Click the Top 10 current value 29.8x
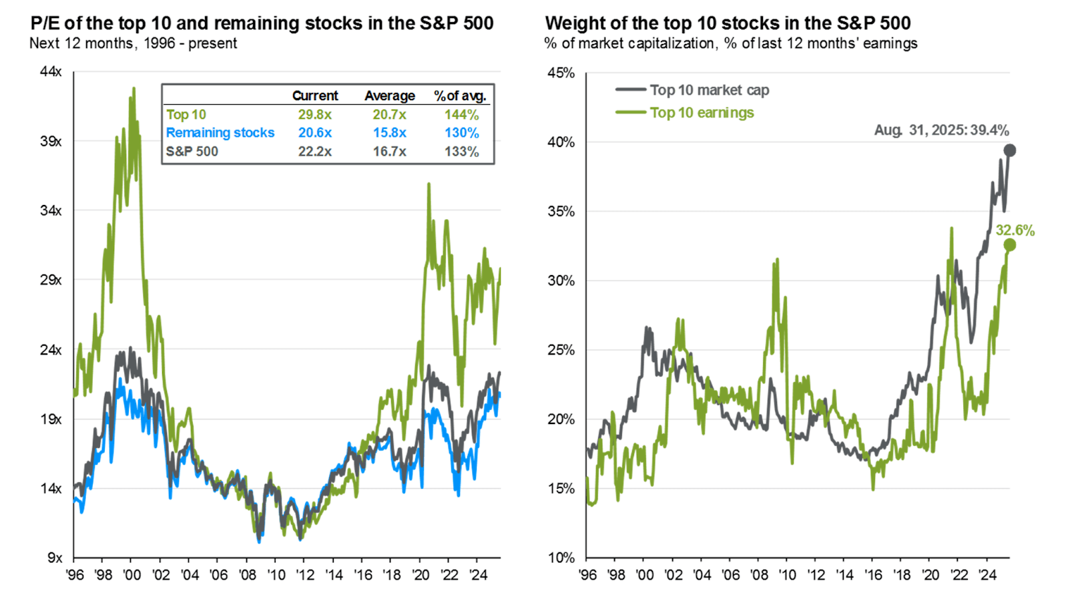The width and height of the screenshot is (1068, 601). click(x=314, y=115)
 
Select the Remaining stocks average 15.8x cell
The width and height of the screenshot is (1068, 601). click(x=389, y=133)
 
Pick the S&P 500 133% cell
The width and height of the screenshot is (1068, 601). click(x=461, y=152)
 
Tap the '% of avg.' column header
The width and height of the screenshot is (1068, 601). click(x=460, y=96)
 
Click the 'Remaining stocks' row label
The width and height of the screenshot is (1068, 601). click(x=220, y=133)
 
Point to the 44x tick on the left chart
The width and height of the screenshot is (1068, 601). click(x=51, y=71)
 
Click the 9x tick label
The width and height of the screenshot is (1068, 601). click(x=55, y=558)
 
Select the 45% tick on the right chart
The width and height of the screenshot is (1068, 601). click(x=561, y=73)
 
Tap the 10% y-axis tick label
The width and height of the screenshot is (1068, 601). click(x=561, y=558)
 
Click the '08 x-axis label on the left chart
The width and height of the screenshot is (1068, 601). click(x=247, y=575)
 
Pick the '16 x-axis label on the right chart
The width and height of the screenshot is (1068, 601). click(x=873, y=575)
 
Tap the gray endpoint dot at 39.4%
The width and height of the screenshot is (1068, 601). click(x=1010, y=150)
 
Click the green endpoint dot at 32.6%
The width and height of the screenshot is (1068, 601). click(x=1009, y=245)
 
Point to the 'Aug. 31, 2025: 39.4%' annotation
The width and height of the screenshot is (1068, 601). click(x=941, y=130)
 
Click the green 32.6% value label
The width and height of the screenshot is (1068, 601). click(x=1015, y=230)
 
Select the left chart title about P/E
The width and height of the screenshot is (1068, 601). click(x=262, y=23)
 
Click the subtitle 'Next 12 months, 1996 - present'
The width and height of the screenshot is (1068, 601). click(x=133, y=43)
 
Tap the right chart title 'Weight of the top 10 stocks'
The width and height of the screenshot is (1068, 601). click(x=728, y=23)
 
